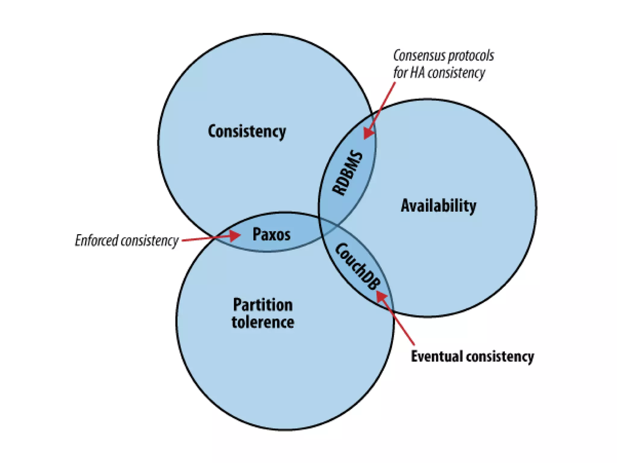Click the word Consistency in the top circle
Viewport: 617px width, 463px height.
247,132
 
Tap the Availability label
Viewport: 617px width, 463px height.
438,206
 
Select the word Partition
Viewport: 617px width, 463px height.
263,305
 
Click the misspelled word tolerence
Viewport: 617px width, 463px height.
263,322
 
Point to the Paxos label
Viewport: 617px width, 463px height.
271,234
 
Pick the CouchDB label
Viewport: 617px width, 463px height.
358,267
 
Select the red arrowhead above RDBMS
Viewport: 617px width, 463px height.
368,132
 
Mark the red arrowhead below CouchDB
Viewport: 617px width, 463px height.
381,296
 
